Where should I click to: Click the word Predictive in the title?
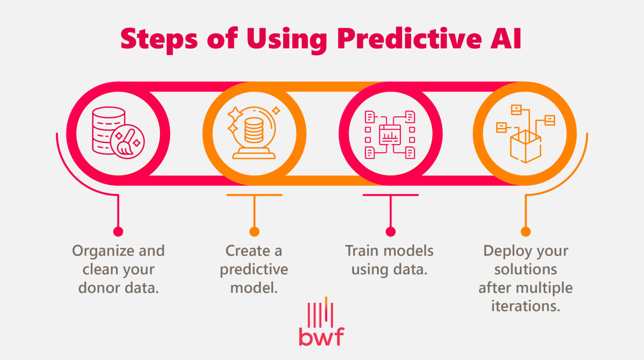pyautogui.click(x=409, y=39)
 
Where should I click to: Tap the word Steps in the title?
pyautogui.click(x=158, y=39)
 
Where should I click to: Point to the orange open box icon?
pyautogui.click(x=525, y=145)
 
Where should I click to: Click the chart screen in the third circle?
pyautogui.click(x=390, y=135)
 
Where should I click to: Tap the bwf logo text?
pyautogui.click(x=321, y=337)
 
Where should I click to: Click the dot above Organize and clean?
pyautogui.click(x=118, y=232)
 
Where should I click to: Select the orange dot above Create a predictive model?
pyautogui.click(x=254, y=232)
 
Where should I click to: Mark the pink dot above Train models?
pyautogui.click(x=390, y=232)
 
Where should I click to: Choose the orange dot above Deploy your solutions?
pyautogui.click(x=525, y=232)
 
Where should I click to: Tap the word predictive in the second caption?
pyautogui.click(x=254, y=269)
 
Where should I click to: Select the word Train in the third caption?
pyautogui.click(x=362, y=251)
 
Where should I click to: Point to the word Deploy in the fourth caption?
pyautogui.click(x=501, y=251)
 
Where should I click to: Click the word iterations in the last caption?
pyautogui.click(x=525, y=306)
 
